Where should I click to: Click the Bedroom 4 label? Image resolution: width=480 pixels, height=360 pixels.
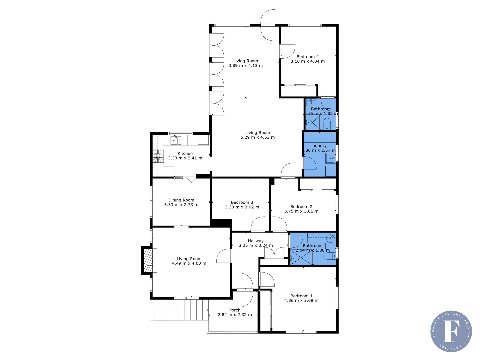pyautogui.click(x=307, y=57)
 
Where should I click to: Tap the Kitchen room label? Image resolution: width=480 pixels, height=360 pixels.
pyautogui.click(x=185, y=153)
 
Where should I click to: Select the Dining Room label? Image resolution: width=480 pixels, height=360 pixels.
pyautogui.click(x=181, y=200)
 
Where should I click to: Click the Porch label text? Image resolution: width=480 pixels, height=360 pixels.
pyautogui.click(x=235, y=310)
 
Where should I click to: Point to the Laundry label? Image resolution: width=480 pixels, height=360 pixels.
pyautogui.click(x=318, y=146)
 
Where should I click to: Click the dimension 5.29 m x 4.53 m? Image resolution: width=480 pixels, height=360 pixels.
pyautogui.click(x=258, y=137)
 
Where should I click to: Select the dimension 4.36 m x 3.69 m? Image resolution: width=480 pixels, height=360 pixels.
pyautogui.click(x=301, y=301)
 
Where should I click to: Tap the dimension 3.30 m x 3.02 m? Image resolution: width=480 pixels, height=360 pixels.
pyautogui.click(x=242, y=207)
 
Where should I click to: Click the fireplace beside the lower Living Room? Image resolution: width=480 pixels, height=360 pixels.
pyautogui.click(x=148, y=260)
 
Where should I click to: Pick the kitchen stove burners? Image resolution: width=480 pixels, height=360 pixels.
pyautogui.click(x=158, y=156)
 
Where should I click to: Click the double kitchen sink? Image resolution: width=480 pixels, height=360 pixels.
pyautogui.click(x=176, y=140)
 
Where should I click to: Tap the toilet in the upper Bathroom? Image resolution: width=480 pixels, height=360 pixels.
pyautogui.click(x=327, y=124)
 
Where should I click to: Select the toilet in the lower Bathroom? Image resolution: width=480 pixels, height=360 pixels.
pyautogui.click(x=329, y=256)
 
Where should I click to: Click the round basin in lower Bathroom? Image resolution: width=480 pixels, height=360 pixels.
pyautogui.click(x=330, y=238)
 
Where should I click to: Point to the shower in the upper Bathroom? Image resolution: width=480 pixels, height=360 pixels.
pyautogui.click(x=312, y=122)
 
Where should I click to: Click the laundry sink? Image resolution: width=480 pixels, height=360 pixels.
pyautogui.click(x=330, y=158)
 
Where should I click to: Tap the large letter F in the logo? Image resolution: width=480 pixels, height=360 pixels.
pyautogui.click(x=451, y=331)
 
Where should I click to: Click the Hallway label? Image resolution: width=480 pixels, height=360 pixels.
pyautogui.click(x=256, y=241)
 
